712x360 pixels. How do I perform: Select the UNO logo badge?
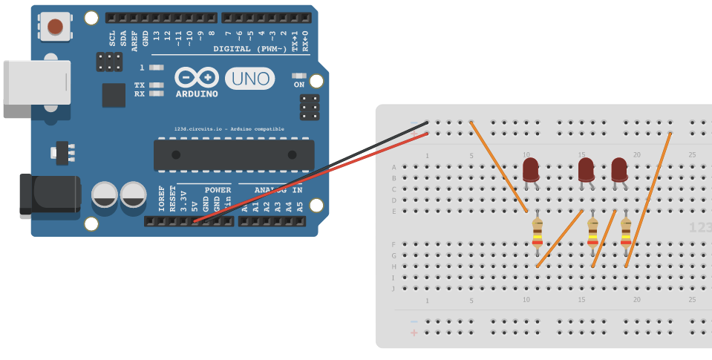tap(249, 78)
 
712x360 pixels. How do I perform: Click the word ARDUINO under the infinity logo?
tap(197, 94)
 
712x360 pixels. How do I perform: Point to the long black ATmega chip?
tap(233, 154)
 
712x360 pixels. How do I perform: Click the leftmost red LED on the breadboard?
tap(530, 170)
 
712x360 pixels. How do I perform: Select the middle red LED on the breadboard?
tap(586, 170)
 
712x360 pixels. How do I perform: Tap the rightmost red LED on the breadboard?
tap(619, 170)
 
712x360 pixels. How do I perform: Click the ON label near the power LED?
tap(299, 85)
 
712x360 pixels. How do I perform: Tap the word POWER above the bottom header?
tap(218, 190)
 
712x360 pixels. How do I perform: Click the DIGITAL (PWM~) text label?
tap(246, 49)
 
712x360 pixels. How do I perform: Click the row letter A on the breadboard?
tap(393, 167)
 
